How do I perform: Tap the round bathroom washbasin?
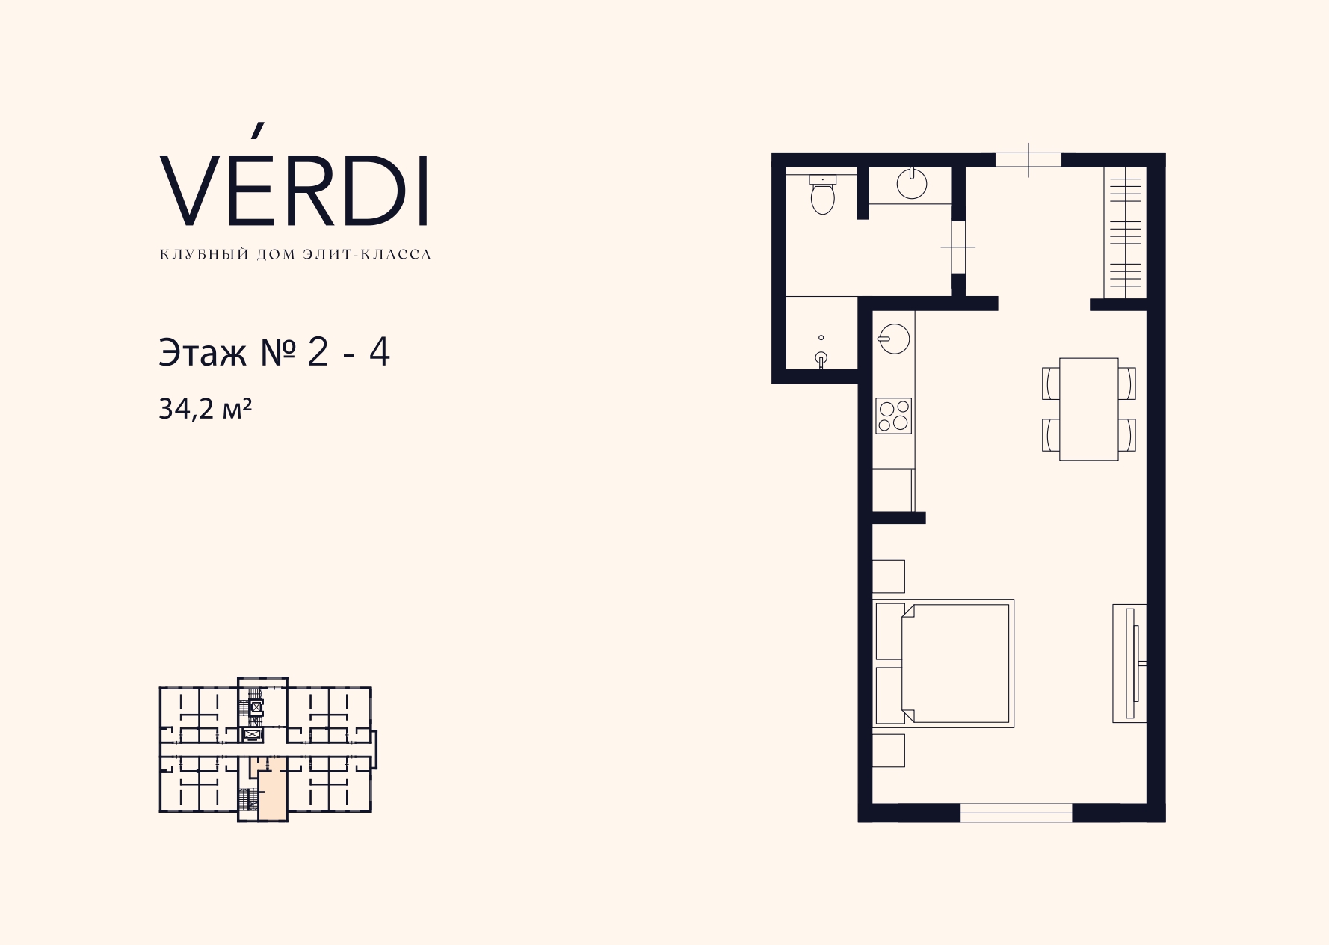click(911, 182)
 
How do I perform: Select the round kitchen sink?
click(894, 338)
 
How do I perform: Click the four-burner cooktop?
click(894, 416)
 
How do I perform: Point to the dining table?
click(1089, 409)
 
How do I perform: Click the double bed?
click(944, 663)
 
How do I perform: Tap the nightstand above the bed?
click(889, 576)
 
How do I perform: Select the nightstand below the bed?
click(889, 751)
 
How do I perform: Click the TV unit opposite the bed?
click(1129, 662)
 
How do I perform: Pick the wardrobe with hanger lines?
click(1126, 232)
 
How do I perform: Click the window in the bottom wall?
click(1016, 813)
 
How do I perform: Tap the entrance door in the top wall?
click(1029, 159)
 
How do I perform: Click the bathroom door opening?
click(958, 247)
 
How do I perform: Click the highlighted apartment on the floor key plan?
click(272, 790)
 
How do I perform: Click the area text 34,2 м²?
click(205, 409)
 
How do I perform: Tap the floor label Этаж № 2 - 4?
click(274, 353)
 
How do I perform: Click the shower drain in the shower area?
click(821, 338)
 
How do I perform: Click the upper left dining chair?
click(1050, 383)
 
